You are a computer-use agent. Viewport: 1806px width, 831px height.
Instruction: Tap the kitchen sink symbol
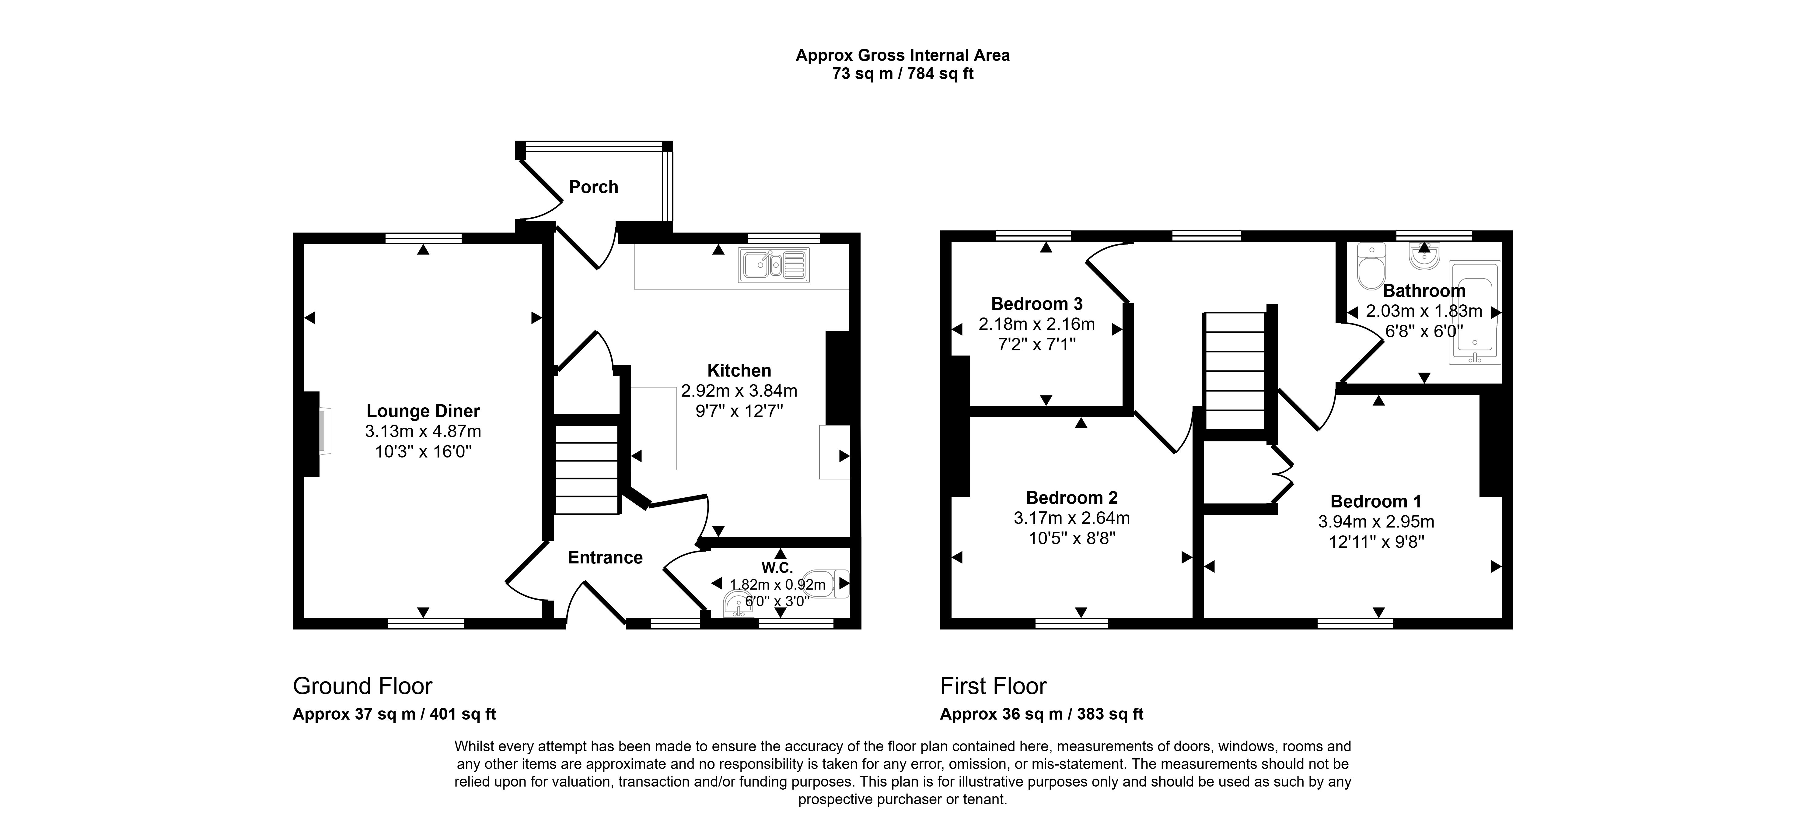click(773, 265)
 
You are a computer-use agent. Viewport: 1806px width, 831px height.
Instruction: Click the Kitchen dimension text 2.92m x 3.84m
click(739, 391)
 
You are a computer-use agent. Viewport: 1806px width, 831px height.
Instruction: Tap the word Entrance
click(605, 558)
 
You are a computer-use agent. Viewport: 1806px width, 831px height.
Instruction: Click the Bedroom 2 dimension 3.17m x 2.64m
click(1071, 518)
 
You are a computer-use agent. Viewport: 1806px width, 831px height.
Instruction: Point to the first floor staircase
click(1235, 371)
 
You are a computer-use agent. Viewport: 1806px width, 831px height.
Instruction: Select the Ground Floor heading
click(362, 686)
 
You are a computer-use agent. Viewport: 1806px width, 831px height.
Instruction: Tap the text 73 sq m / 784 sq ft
click(903, 74)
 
